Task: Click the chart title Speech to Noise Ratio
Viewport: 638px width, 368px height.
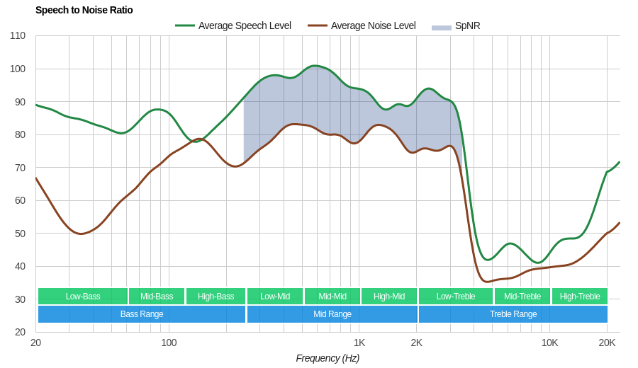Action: pyautogui.click(x=84, y=10)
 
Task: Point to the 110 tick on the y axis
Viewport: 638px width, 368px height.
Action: pyautogui.click(x=18, y=36)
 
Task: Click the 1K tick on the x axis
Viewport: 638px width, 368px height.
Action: pyautogui.click(x=359, y=343)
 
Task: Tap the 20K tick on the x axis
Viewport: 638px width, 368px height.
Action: pyautogui.click(x=607, y=343)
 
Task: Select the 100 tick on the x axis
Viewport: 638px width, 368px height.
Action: pyautogui.click(x=169, y=343)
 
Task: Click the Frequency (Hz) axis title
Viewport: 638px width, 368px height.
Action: pyautogui.click(x=328, y=358)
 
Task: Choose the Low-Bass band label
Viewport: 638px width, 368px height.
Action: pyautogui.click(x=83, y=296)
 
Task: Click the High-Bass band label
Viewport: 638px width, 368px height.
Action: pyautogui.click(x=216, y=296)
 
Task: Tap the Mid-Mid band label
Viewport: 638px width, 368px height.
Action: pyautogui.click(x=332, y=296)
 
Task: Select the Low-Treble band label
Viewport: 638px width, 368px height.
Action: pyautogui.click(x=456, y=296)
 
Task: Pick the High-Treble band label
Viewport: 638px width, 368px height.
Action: pyautogui.click(x=580, y=296)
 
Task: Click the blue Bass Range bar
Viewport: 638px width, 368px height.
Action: pyautogui.click(x=142, y=314)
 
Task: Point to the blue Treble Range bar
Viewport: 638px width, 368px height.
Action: pyautogui.click(x=513, y=314)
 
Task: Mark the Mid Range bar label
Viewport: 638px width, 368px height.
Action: pyautogui.click(x=332, y=314)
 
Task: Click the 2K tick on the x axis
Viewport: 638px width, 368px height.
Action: pyautogui.click(x=416, y=343)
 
